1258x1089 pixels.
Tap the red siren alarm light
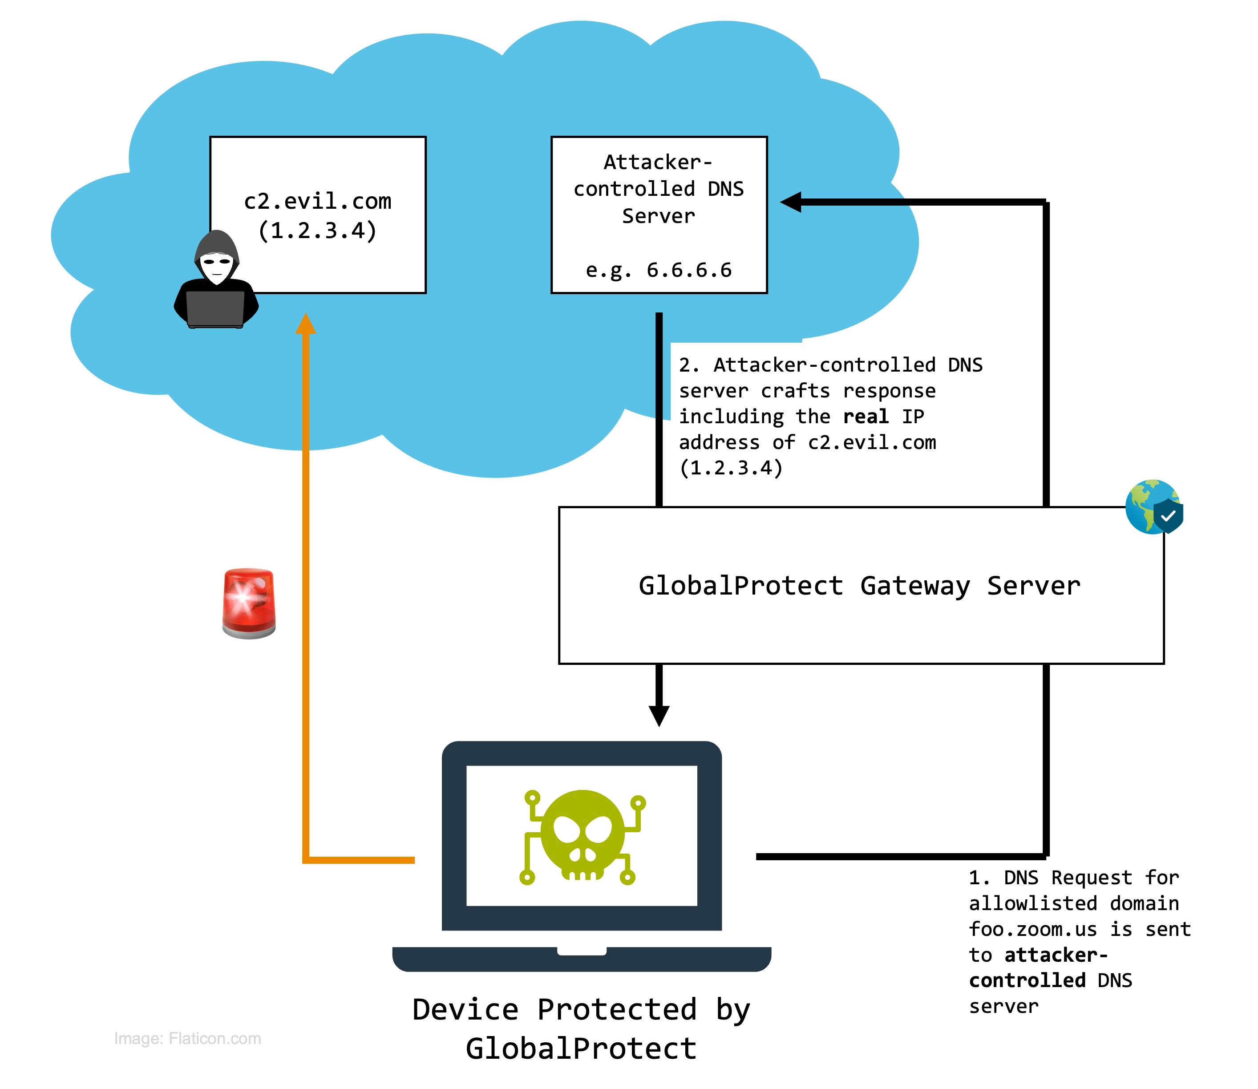[249, 603]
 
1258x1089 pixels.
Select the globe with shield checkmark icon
[1153, 507]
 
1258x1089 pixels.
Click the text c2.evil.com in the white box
[317, 201]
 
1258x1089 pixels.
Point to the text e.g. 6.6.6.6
[658, 270]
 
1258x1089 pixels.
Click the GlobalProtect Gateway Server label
[859, 586]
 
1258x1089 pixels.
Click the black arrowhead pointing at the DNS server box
[791, 202]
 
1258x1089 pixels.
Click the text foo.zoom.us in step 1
[1032, 929]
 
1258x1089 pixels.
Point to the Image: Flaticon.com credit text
[187, 1039]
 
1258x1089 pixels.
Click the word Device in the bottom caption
[465, 1010]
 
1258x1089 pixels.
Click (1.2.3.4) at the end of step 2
[731, 468]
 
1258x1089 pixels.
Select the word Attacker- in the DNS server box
[658, 162]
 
